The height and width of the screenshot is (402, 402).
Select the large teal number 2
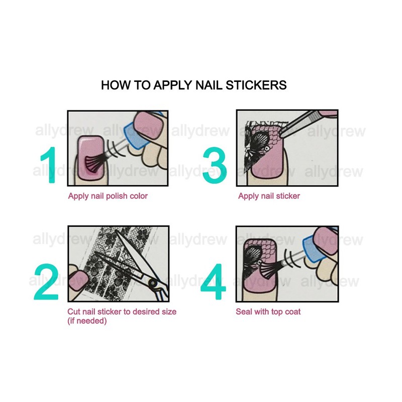(46, 282)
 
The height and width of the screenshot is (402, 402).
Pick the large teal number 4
(214, 282)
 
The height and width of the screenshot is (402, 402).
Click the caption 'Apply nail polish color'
(108, 196)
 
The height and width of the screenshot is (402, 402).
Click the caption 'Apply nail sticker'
(269, 196)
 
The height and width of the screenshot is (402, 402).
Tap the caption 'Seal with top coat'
(268, 312)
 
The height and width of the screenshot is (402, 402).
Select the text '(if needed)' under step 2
(87, 321)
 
